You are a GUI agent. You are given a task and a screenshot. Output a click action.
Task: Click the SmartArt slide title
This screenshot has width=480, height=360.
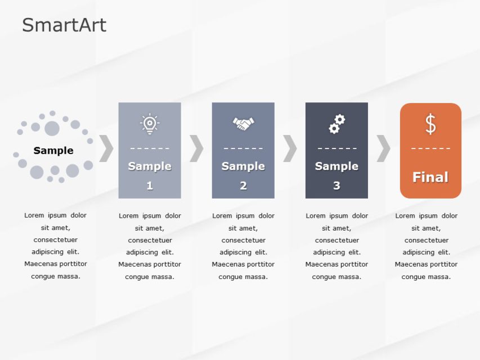[64, 25]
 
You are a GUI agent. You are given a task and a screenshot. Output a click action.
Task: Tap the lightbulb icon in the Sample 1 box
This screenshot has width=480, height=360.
[150, 123]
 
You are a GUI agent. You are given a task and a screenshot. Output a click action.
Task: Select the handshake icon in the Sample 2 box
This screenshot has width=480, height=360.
[243, 123]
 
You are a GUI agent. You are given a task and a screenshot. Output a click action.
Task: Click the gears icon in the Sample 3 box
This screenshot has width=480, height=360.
[337, 124]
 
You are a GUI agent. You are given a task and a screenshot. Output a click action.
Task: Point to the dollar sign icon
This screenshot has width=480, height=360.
[430, 124]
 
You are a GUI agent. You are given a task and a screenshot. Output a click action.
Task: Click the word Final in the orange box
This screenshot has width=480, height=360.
[430, 177]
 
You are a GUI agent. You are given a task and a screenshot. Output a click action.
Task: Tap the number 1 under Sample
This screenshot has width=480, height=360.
[150, 186]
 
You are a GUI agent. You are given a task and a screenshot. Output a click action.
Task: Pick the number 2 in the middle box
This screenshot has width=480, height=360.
[243, 186]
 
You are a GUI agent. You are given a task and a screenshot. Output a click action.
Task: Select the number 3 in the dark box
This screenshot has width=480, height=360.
[337, 186]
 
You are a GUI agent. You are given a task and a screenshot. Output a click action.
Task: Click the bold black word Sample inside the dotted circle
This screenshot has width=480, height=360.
[53, 150]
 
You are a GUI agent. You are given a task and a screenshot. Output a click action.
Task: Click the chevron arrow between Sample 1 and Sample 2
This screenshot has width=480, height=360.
[196, 148]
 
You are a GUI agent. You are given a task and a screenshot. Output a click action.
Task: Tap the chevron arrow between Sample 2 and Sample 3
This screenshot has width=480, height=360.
[290, 148]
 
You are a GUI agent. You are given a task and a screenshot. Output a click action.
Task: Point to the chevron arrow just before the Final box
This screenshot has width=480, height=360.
[383, 148]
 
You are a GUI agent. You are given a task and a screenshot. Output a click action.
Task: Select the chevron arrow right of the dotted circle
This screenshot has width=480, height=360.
[106, 148]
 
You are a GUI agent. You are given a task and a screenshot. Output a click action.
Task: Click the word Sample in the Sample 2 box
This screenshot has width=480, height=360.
[243, 166]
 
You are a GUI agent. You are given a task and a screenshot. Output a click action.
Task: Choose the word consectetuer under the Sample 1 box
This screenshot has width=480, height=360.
[150, 240]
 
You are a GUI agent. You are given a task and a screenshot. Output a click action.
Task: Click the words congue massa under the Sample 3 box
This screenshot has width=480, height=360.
[337, 277]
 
